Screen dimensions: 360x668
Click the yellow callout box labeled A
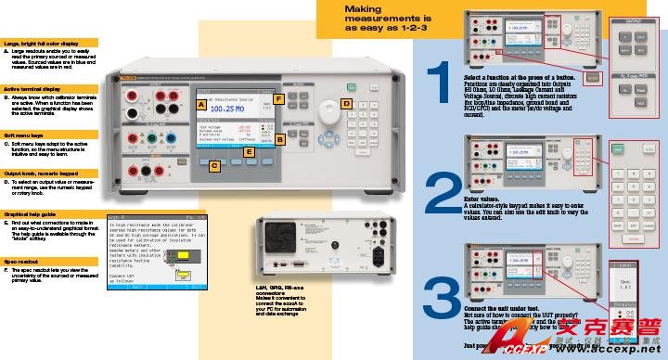point(200,106)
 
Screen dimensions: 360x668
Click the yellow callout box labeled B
point(278,138)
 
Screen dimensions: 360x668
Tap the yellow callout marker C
point(214,166)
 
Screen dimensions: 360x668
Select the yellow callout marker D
point(345,104)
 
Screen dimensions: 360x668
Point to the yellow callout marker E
point(249,149)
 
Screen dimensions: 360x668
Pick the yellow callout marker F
point(278,98)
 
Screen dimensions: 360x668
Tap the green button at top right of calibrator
point(352,88)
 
